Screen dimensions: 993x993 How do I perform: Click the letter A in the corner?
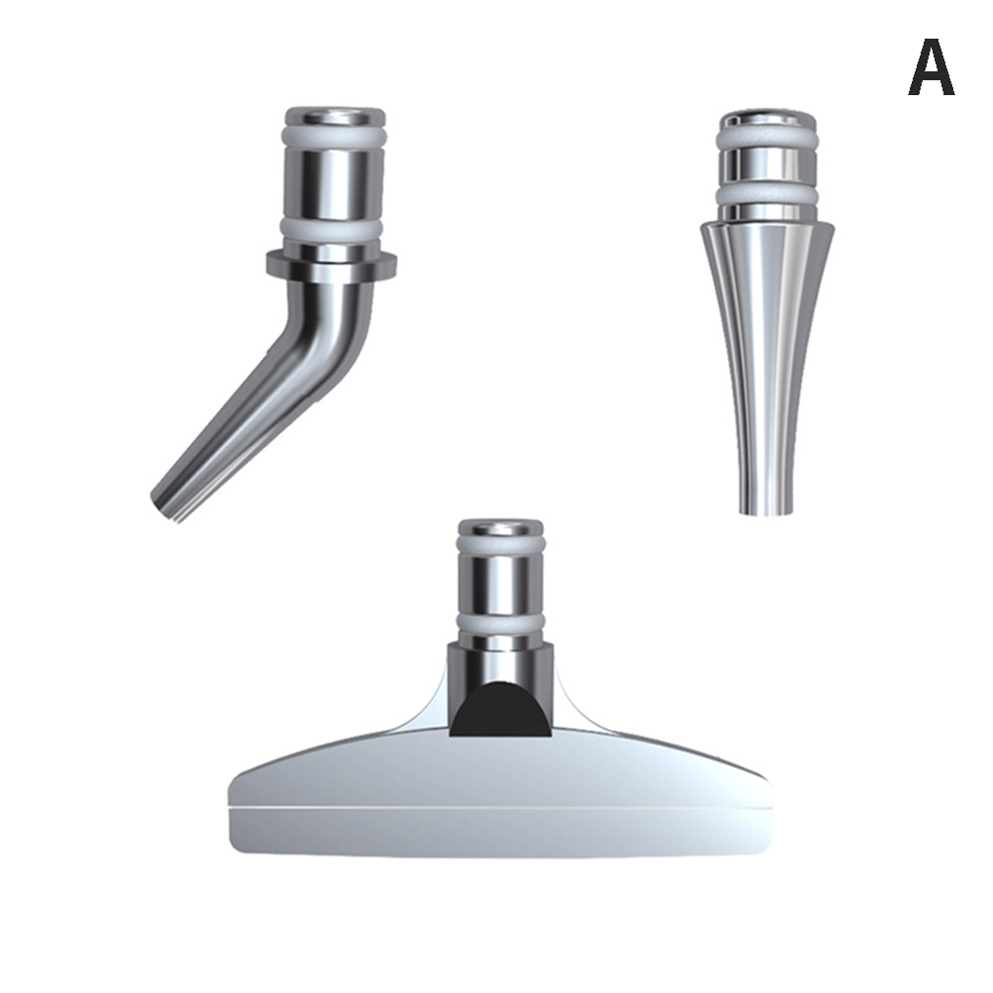tap(931, 67)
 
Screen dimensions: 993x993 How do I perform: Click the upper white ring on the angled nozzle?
tap(335, 137)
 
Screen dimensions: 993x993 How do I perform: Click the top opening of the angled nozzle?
tap(335, 117)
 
